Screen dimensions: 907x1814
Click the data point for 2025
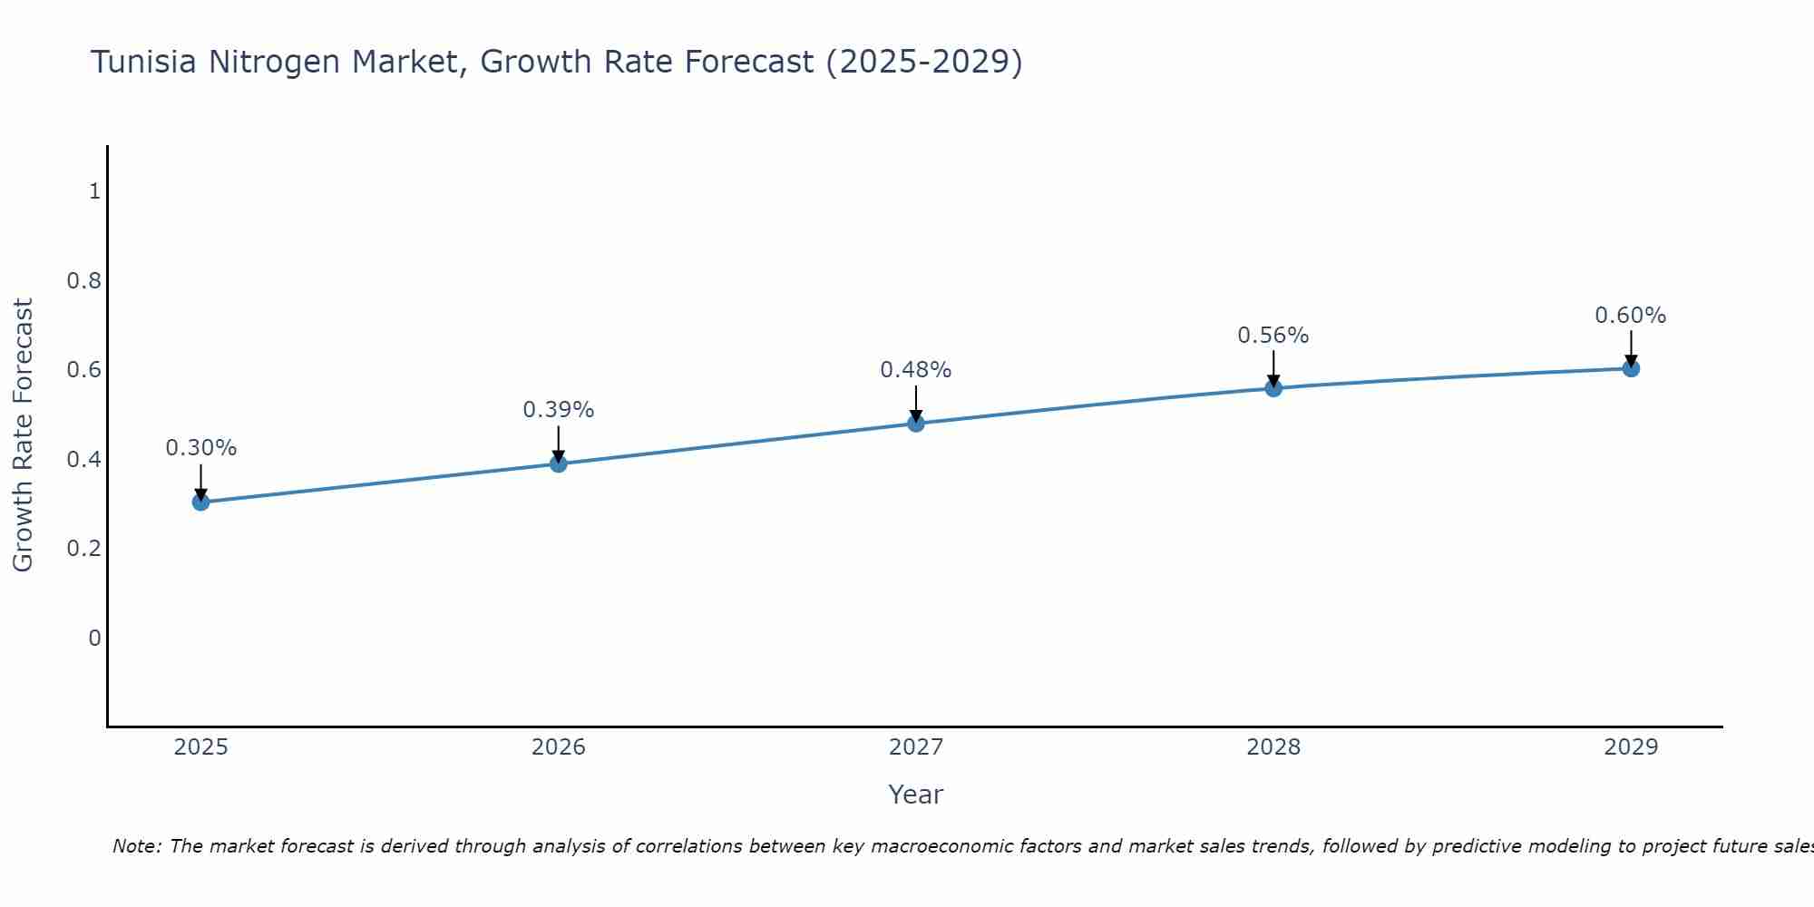(201, 502)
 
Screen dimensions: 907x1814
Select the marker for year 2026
(559, 463)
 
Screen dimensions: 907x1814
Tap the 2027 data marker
(916, 424)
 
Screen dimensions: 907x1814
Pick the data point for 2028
(1273, 388)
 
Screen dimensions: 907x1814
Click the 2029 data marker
(1631, 368)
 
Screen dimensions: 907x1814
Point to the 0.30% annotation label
(201, 448)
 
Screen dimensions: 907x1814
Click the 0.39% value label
(559, 410)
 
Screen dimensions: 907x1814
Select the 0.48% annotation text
(916, 370)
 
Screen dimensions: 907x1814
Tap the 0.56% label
(1273, 336)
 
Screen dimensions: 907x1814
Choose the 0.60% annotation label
(1631, 316)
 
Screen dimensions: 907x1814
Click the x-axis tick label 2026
(559, 747)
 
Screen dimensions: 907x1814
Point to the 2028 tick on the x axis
(1273, 747)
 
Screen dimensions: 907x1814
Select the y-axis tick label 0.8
(84, 280)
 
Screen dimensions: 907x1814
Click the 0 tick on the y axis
(94, 639)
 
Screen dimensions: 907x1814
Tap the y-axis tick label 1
(94, 191)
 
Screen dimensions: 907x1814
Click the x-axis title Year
(916, 795)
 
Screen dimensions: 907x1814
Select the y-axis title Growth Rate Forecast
(23, 435)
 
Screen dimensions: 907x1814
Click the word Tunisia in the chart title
(144, 62)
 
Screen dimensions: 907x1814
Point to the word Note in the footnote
(136, 846)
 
